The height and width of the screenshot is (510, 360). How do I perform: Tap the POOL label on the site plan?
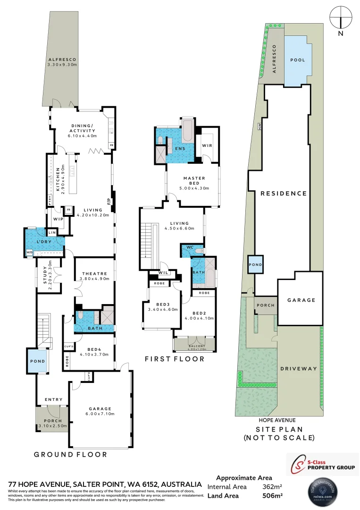coord(297,60)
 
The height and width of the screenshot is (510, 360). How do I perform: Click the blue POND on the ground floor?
coord(37,361)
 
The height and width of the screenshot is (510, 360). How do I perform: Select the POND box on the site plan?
coord(256,265)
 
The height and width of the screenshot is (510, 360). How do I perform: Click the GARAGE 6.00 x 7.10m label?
coord(99,411)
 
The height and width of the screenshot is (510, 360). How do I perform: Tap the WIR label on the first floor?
coord(207,145)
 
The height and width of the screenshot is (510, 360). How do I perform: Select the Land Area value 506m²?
coord(272,496)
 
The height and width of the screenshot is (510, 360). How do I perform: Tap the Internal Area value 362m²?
coord(272,487)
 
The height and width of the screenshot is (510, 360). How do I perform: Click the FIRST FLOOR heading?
coord(175,359)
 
